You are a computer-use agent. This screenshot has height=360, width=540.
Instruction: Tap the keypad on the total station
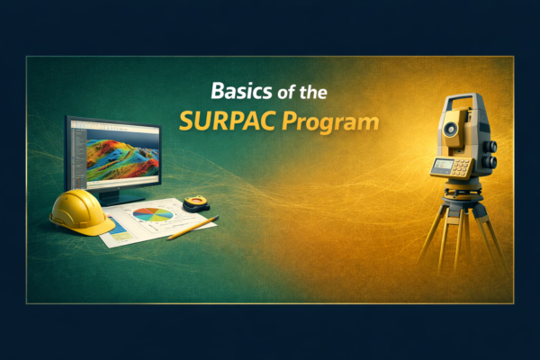(x=461, y=168)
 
